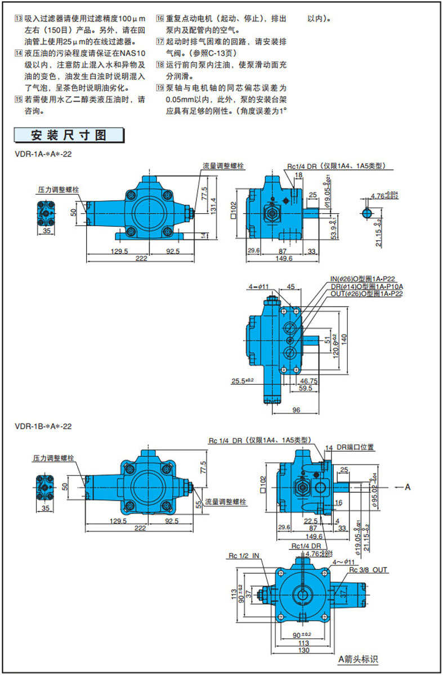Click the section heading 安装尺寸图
point(69,136)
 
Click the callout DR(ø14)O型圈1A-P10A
point(366,286)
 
